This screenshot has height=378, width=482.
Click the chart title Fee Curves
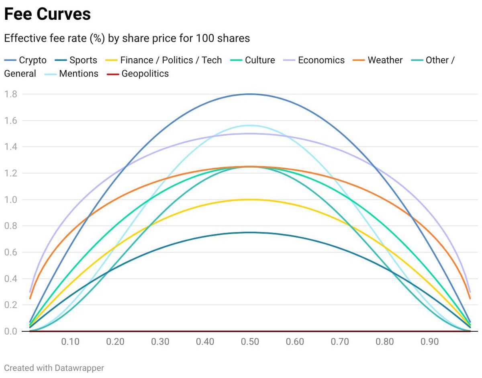pos(47,14)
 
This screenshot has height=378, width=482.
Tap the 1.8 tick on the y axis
pos(10,94)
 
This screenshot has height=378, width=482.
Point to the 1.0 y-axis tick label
pos(10,200)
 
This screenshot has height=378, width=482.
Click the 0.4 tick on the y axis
pos(10,279)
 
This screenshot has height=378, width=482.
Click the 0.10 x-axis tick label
pos(70,342)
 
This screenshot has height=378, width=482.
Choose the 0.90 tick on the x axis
pos(430,342)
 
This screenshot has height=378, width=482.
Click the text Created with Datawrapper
pos(54,368)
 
